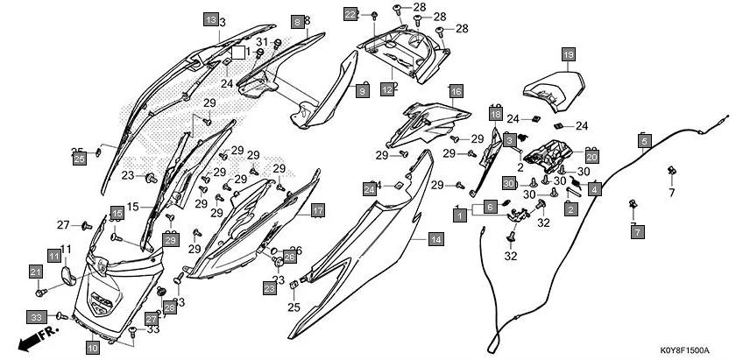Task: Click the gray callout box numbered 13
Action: pyautogui.click(x=210, y=18)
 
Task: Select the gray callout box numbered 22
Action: pyautogui.click(x=350, y=15)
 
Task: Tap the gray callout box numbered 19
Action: pyautogui.click(x=568, y=54)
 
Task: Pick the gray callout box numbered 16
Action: pyautogui.click(x=456, y=91)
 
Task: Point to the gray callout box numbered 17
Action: pyautogui.click(x=317, y=210)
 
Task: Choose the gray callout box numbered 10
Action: pyautogui.click(x=93, y=348)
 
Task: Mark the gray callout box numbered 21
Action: pyautogui.click(x=36, y=272)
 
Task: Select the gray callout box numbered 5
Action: pyautogui.click(x=645, y=140)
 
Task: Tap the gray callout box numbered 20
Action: pyautogui.click(x=591, y=157)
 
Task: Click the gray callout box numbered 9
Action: pyautogui.click(x=362, y=90)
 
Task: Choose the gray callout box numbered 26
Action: pyautogui.click(x=289, y=256)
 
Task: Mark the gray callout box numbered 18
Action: pyautogui.click(x=495, y=115)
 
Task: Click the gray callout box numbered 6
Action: pyautogui.click(x=491, y=205)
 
